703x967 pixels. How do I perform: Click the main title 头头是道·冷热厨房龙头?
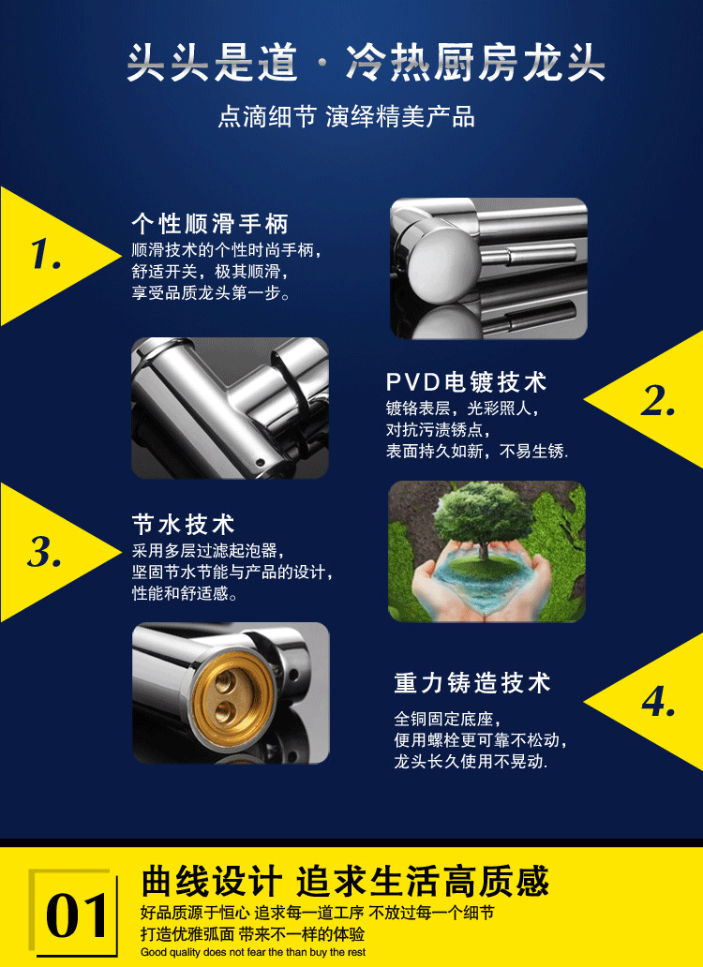[x=366, y=63]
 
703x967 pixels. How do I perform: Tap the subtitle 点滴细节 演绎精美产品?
[x=347, y=116]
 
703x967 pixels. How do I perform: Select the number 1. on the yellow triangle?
[x=46, y=254]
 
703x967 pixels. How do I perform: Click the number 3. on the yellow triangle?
[x=45, y=551]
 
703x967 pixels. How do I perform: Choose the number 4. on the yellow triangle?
[x=659, y=701]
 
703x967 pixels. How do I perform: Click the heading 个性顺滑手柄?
[x=210, y=224]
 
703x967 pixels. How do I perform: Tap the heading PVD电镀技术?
[x=466, y=382]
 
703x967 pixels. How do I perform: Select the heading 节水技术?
[x=183, y=525]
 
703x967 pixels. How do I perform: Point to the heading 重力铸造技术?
[x=472, y=683]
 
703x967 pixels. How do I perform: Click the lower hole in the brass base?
[x=227, y=708]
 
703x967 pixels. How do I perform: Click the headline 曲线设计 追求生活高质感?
[x=345, y=881]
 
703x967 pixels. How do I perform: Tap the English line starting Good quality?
[x=253, y=952]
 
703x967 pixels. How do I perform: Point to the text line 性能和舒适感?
[x=185, y=593]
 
